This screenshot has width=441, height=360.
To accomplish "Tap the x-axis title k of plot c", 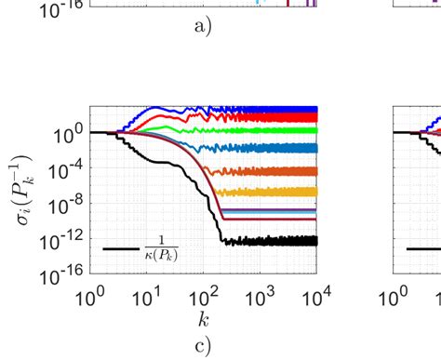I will click(x=203, y=319).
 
